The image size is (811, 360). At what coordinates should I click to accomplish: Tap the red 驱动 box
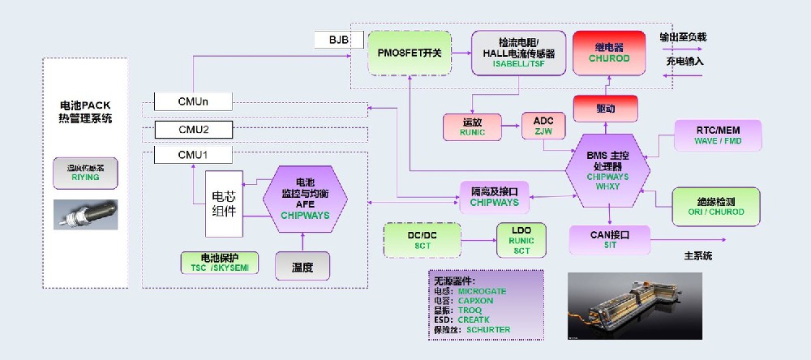click(x=605, y=108)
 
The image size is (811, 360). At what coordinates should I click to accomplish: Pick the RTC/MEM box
click(x=717, y=135)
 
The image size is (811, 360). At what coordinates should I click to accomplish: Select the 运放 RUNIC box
click(x=473, y=126)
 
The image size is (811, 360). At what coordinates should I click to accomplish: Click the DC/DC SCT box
click(x=422, y=240)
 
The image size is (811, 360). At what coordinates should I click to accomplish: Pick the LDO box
click(x=521, y=241)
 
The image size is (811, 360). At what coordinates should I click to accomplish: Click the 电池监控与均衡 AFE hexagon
click(x=305, y=198)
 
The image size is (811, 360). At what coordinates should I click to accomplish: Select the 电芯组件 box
click(x=225, y=203)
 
